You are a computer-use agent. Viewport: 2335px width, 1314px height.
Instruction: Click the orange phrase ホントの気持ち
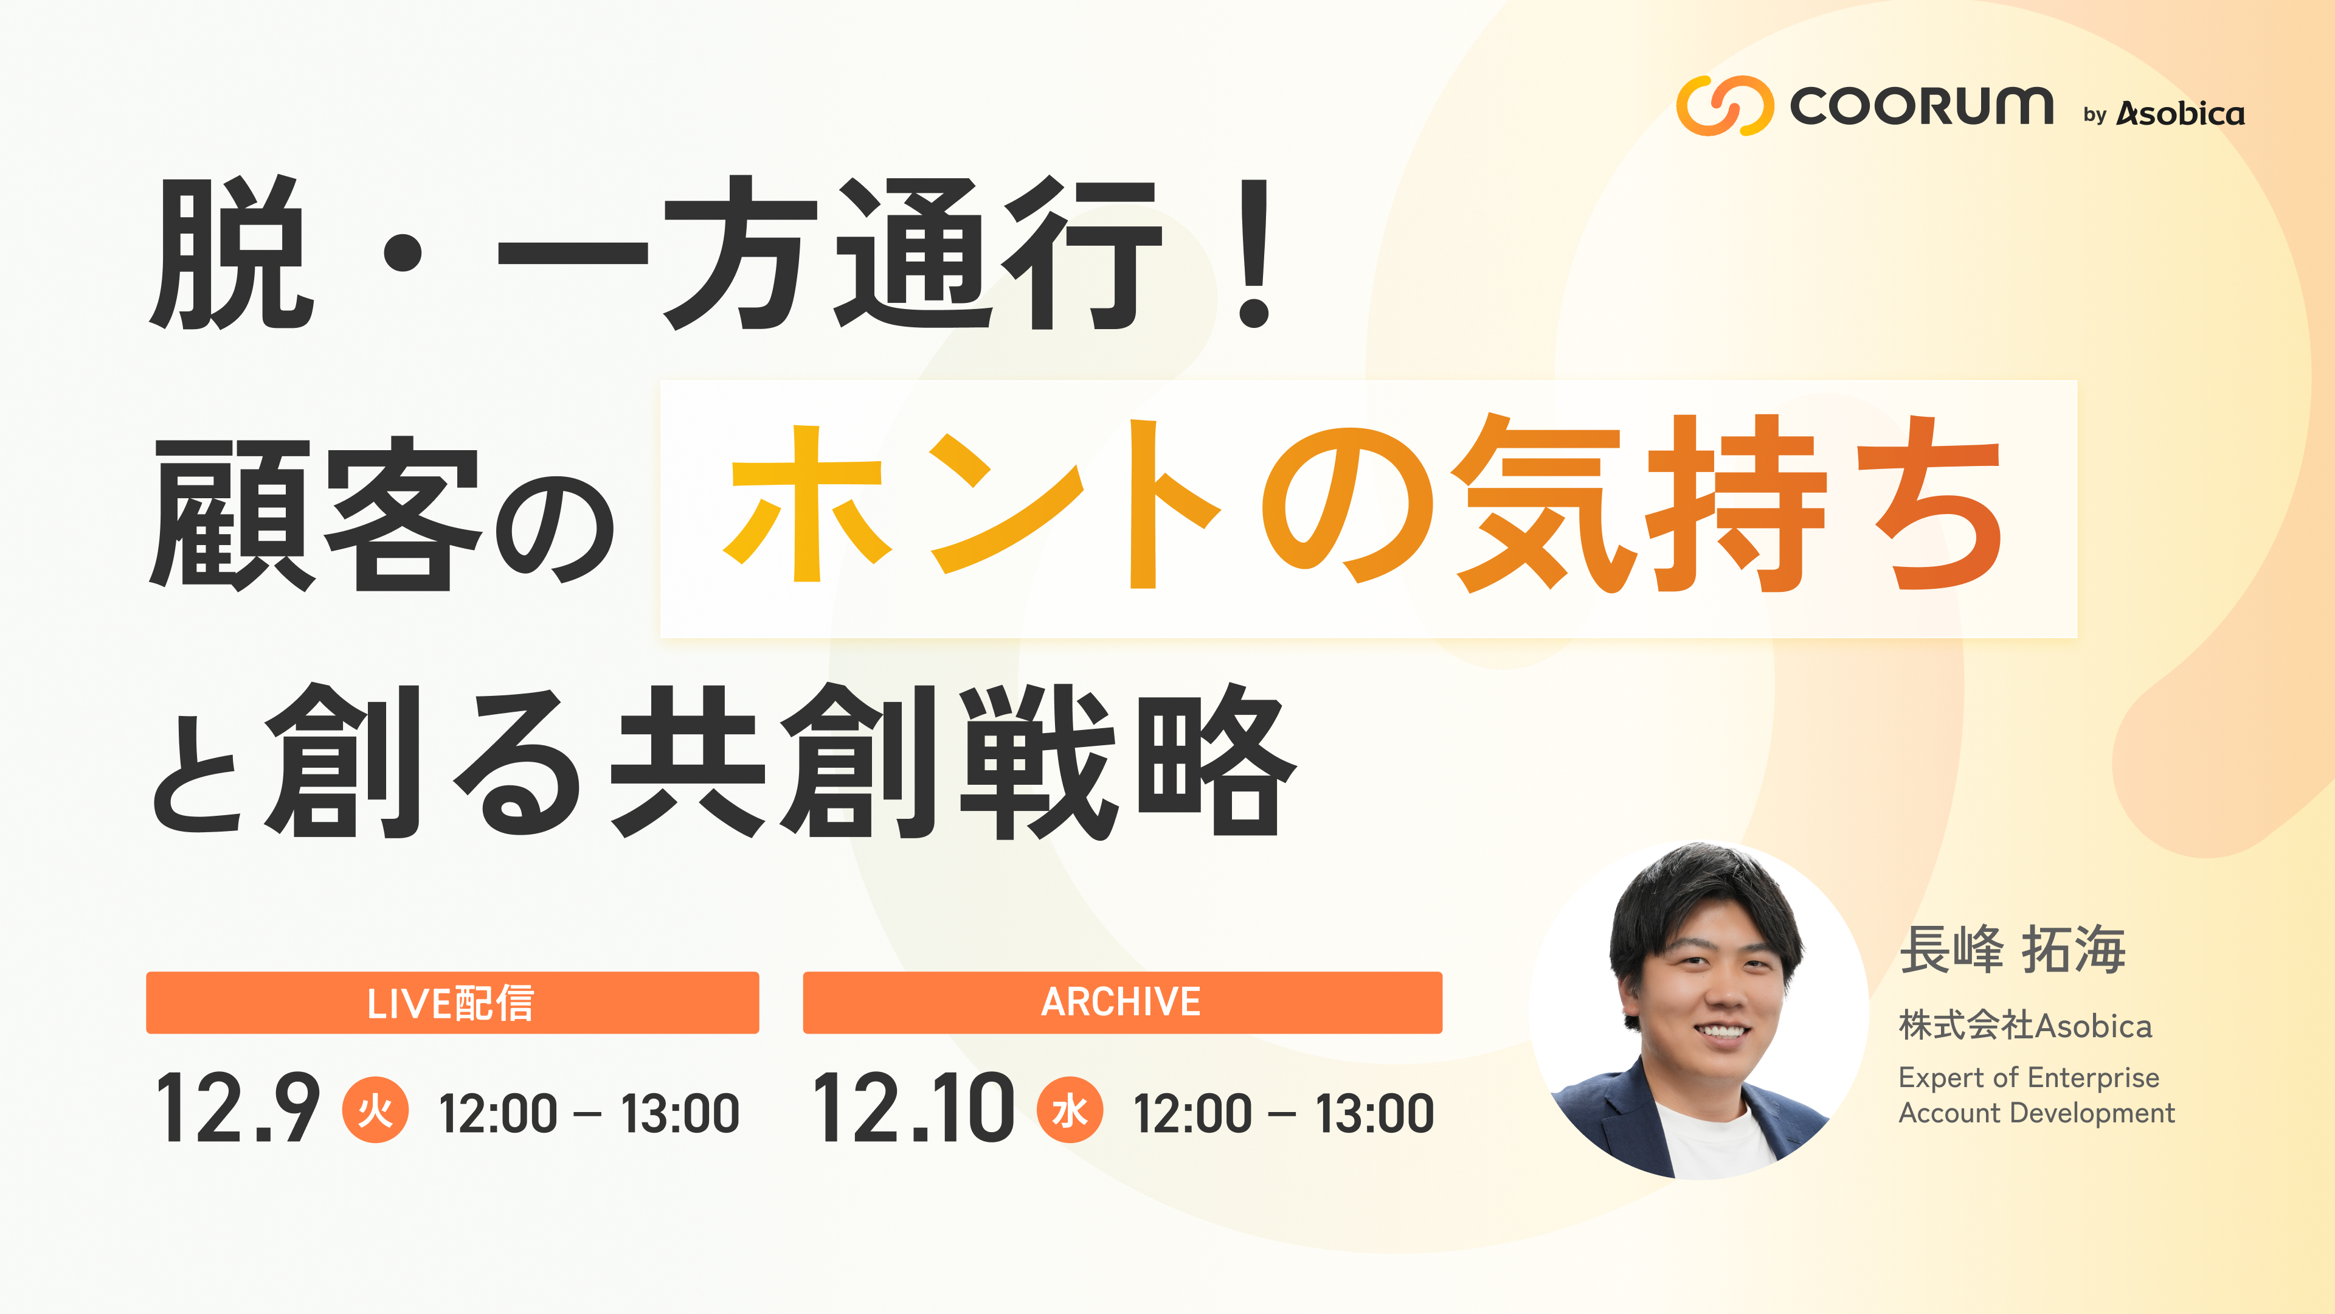click(x=1364, y=504)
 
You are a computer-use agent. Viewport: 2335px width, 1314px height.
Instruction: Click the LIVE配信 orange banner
click(x=452, y=1002)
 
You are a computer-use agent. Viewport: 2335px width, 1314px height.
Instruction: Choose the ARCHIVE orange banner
click(x=1122, y=1002)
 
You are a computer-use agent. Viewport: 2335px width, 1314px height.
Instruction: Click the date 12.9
click(x=238, y=1108)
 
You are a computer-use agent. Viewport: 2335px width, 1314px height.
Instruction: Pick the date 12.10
click(x=913, y=1108)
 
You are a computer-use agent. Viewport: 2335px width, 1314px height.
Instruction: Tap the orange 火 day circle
click(x=375, y=1109)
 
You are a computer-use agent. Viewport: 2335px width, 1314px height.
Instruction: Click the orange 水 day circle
click(x=1070, y=1109)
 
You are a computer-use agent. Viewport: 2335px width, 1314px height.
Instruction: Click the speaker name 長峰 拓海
click(x=2012, y=950)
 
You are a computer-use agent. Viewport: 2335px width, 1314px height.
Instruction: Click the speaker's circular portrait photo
click(x=1700, y=1011)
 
